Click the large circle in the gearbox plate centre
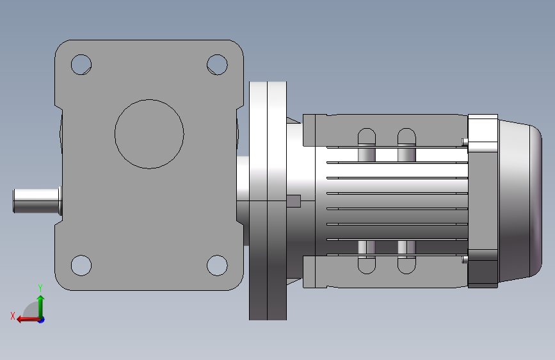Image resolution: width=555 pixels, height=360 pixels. click(149, 100)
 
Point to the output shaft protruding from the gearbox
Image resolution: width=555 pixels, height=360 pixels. click(37, 201)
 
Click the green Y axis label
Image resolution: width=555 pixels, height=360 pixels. click(40, 288)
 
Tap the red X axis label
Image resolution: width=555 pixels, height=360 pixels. click(13, 316)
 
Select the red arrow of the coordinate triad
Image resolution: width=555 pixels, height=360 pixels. click(28, 320)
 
